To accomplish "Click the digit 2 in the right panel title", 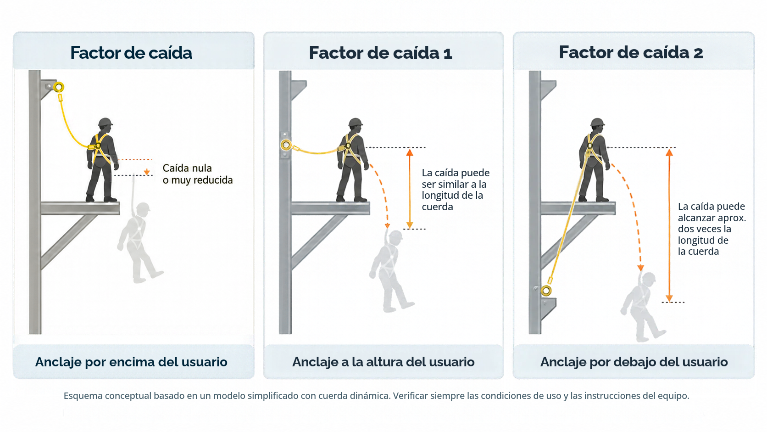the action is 698,53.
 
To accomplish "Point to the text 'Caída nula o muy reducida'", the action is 198,174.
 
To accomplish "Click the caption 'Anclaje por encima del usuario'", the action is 131,362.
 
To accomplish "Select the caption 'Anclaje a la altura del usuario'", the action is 383,362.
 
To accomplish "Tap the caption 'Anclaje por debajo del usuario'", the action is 634,362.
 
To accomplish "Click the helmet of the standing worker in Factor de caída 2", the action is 598,122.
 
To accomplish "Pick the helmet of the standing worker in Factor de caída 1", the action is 356,122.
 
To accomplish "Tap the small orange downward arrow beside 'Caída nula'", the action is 147,172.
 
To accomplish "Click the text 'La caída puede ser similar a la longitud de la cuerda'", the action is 456,190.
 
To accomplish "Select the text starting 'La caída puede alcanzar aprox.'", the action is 711,229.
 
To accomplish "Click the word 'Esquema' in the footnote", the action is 83,396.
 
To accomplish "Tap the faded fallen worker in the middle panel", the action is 391,271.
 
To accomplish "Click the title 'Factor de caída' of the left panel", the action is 131,53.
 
